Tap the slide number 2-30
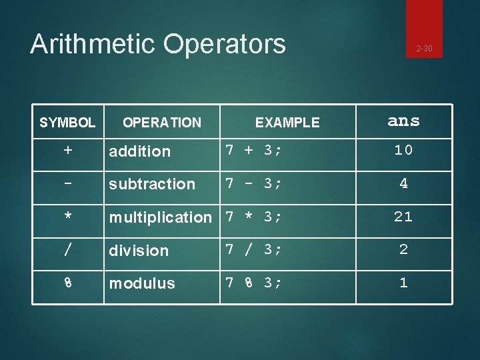(x=424, y=48)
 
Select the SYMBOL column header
(x=67, y=122)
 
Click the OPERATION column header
(x=162, y=122)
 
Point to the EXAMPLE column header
(x=287, y=122)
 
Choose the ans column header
(x=403, y=121)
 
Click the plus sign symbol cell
(x=68, y=151)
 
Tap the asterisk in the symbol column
(x=68, y=217)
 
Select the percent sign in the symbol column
(x=68, y=283)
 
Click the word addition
(x=139, y=151)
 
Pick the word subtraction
(x=152, y=184)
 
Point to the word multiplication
(x=160, y=217)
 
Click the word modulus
(x=142, y=283)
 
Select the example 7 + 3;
(x=253, y=151)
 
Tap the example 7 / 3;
(x=253, y=250)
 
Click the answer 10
(x=403, y=151)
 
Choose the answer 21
(x=403, y=217)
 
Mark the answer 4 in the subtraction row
(x=403, y=184)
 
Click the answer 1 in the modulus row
(x=403, y=283)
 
